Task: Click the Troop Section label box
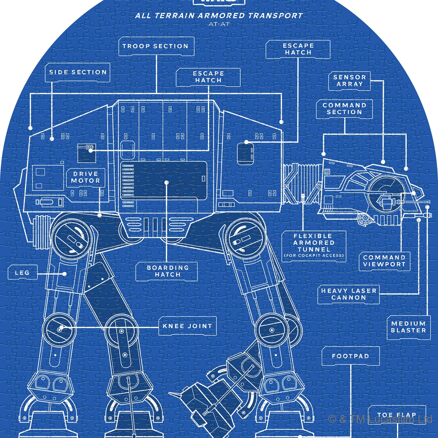click(x=156, y=46)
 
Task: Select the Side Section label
click(x=78, y=72)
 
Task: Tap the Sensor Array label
click(x=349, y=81)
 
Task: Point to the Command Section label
click(x=344, y=109)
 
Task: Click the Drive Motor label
click(x=85, y=177)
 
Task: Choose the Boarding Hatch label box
click(x=167, y=271)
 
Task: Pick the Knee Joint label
click(x=187, y=326)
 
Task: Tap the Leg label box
click(x=22, y=273)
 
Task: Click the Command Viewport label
click(x=384, y=261)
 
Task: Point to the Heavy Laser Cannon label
click(x=349, y=294)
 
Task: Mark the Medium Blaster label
click(x=408, y=327)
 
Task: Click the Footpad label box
click(x=350, y=356)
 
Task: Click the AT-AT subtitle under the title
click(x=219, y=24)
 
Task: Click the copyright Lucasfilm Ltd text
click(x=380, y=420)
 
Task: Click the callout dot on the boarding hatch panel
click(x=166, y=182)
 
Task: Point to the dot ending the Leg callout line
click(x=65, y=274)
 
